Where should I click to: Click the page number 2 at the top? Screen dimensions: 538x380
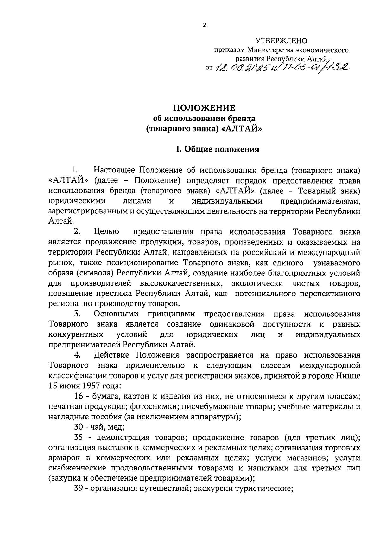(204, 25)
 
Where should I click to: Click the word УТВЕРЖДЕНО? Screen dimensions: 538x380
(282, 41)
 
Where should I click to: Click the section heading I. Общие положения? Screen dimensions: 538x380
(218, 149)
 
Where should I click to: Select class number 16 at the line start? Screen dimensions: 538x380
(79, 397)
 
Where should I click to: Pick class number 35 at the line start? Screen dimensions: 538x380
(79, 438)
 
